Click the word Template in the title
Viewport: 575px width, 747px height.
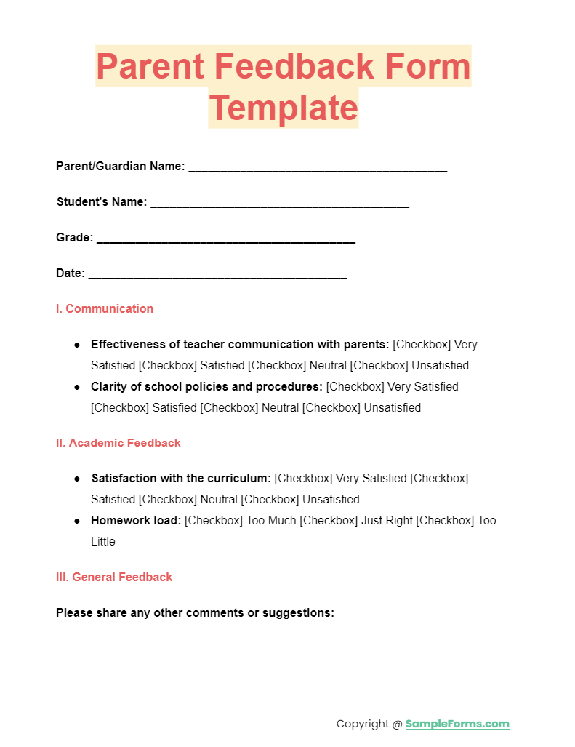point(284,108)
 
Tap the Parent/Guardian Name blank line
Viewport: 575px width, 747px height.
point(318,169)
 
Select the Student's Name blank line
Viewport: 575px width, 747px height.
point(280,205)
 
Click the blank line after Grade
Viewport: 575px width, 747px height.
point(225,241)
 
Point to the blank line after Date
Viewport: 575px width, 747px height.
point(217,276)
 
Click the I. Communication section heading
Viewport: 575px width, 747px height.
point(105,309)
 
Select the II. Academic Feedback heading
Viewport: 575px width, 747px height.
point(118,443)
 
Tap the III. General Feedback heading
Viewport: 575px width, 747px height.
point(114,578)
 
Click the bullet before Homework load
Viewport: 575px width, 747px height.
point(77,521)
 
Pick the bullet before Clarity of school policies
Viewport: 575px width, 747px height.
point(77,387)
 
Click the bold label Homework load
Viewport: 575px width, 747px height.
point(136,521)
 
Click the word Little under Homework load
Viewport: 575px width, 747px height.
point(103,542)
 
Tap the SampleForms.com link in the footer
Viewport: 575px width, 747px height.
point(457,724)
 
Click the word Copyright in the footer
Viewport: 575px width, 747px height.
point(363,724)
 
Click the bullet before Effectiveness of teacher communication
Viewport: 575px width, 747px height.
point(77,345)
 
